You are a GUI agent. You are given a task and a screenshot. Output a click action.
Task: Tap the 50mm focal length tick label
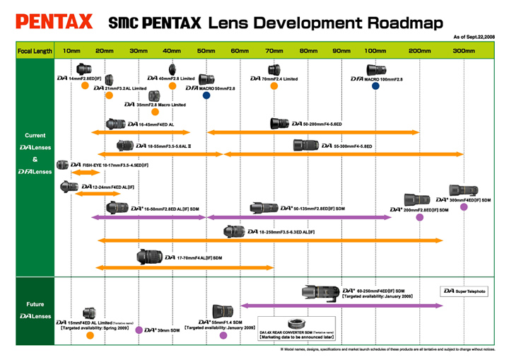point(206,51)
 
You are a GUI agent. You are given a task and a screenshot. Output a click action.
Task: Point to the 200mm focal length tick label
point(420,51)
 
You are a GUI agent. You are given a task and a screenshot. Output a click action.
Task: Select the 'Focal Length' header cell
point(34,51)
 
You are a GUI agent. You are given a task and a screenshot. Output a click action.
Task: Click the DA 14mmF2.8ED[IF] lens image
point(84,70)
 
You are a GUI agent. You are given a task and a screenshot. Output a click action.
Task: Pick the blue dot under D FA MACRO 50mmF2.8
point(206,95)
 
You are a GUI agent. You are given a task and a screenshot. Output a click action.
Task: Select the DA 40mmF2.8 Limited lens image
point(172,69)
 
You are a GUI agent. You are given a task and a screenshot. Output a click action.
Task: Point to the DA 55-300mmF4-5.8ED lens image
point(308,146)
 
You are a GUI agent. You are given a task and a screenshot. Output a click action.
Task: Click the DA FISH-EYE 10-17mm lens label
point(115,164)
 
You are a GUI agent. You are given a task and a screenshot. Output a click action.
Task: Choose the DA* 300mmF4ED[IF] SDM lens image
point(464,192)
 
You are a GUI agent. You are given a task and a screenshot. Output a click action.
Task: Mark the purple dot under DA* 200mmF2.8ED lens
point(419,217)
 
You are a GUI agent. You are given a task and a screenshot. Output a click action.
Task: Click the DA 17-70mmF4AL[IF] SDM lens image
point(149,257)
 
